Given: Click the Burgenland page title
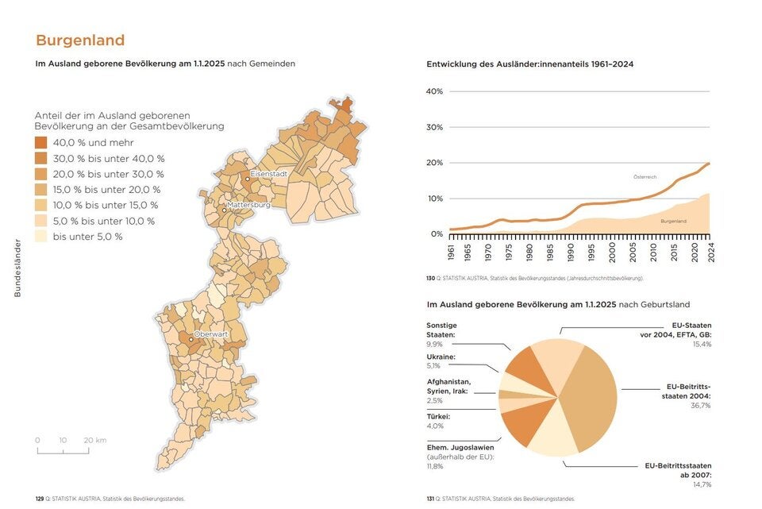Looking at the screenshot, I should coord(80,40).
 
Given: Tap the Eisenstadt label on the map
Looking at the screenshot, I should coord(267,173).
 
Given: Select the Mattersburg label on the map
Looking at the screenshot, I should coord(249,204).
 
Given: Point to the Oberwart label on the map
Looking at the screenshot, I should coord(210,334).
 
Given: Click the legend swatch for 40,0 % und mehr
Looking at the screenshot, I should coord(41,143).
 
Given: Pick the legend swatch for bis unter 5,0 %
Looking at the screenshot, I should coord(41,237).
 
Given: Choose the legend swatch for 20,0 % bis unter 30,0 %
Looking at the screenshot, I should coord(41,174).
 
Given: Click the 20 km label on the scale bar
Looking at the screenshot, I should coord(94,440).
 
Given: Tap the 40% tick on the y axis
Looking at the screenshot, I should coord(434,91).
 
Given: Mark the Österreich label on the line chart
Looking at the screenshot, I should coord(645,175).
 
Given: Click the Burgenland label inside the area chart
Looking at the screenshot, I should coord(673,221).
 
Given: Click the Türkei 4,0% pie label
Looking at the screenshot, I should coord(439,421).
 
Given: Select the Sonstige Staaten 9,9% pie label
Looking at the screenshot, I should coord(441,334).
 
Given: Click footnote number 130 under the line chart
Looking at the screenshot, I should coord(431,279).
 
